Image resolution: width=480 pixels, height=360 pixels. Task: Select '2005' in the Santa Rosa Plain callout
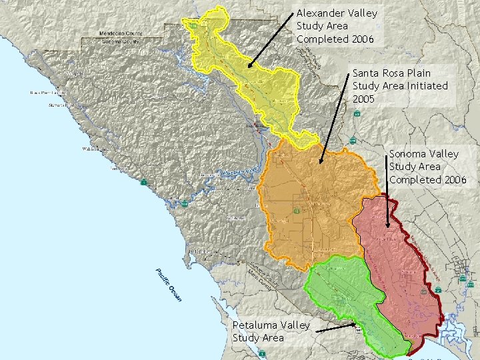[x=363, y=99]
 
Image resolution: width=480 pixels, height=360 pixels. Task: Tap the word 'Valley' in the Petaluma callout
[x=295, y=325]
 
